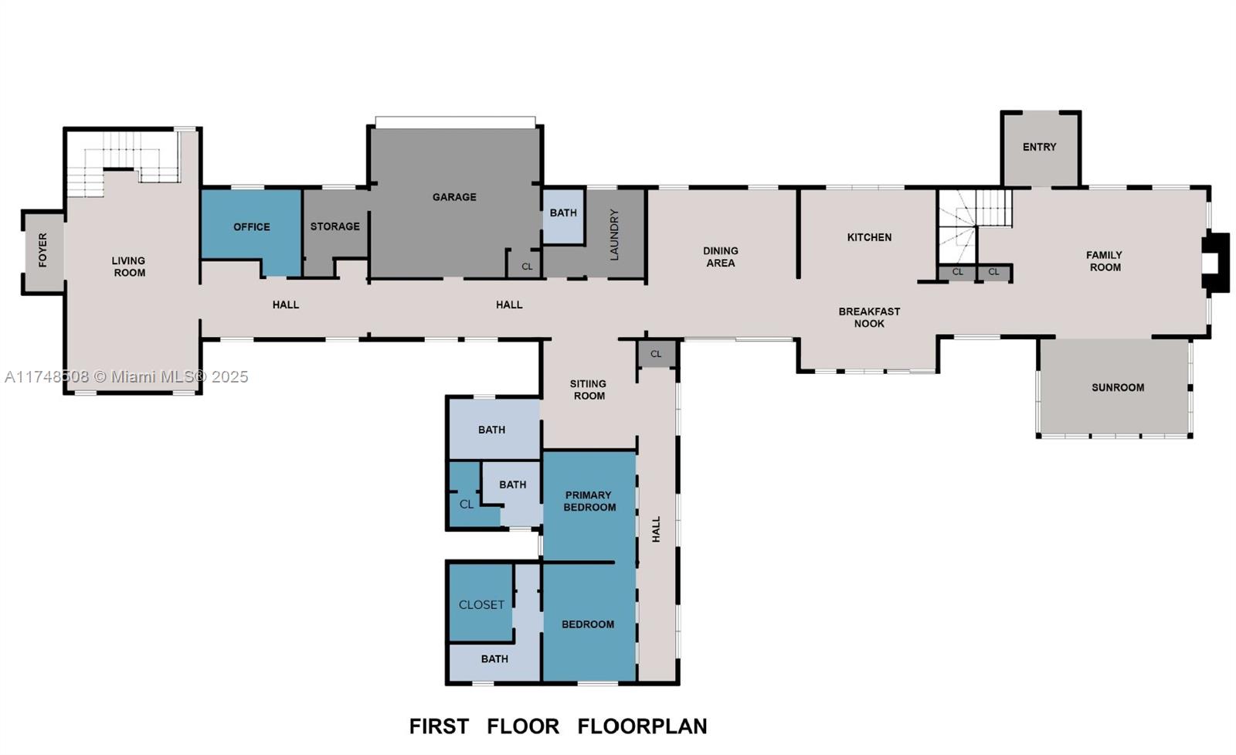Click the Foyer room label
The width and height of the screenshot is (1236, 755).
click(x=42, y=250)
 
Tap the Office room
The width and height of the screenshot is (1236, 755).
click(x=251, y=226)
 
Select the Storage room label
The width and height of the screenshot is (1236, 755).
click(x=334, y=226)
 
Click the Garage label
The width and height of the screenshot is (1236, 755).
click(x=454, y=197)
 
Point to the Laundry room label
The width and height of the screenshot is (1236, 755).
click(x=615, y=234)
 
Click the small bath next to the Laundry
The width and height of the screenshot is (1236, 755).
click(x=563, y=213)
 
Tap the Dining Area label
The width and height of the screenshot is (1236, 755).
click(x=720, y=257)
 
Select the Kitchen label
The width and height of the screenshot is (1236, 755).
click(x=869, y=237)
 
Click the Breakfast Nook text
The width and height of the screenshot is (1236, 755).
click(x=869, y=318)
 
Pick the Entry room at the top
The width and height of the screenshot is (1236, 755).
click(x=1039, y=147)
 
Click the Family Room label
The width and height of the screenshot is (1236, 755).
click(x=1104, y=261)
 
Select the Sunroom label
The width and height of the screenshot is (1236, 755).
click(x=1117, y=388)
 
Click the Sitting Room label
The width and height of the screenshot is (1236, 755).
click(x=588, y=389)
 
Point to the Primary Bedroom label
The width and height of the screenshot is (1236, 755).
click(x=589, y=501)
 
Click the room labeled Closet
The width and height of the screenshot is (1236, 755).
click(x=481, y=604)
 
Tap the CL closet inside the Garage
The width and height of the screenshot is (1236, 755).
click(x=527, y=267)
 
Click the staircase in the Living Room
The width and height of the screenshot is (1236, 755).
click(x=116, y=166)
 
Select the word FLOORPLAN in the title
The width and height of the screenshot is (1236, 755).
click(x=642, y=726)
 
